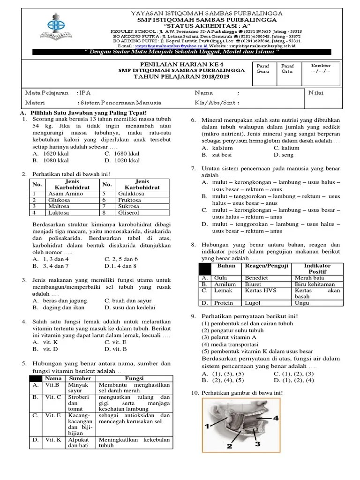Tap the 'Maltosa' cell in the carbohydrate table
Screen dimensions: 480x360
coord(59,206)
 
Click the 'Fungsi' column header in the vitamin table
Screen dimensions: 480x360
coord(135,378)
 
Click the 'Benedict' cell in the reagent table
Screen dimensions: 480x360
coord(257,277)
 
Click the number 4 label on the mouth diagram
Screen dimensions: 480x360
coord(276,417)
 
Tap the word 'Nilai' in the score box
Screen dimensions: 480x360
coord(316,93)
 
